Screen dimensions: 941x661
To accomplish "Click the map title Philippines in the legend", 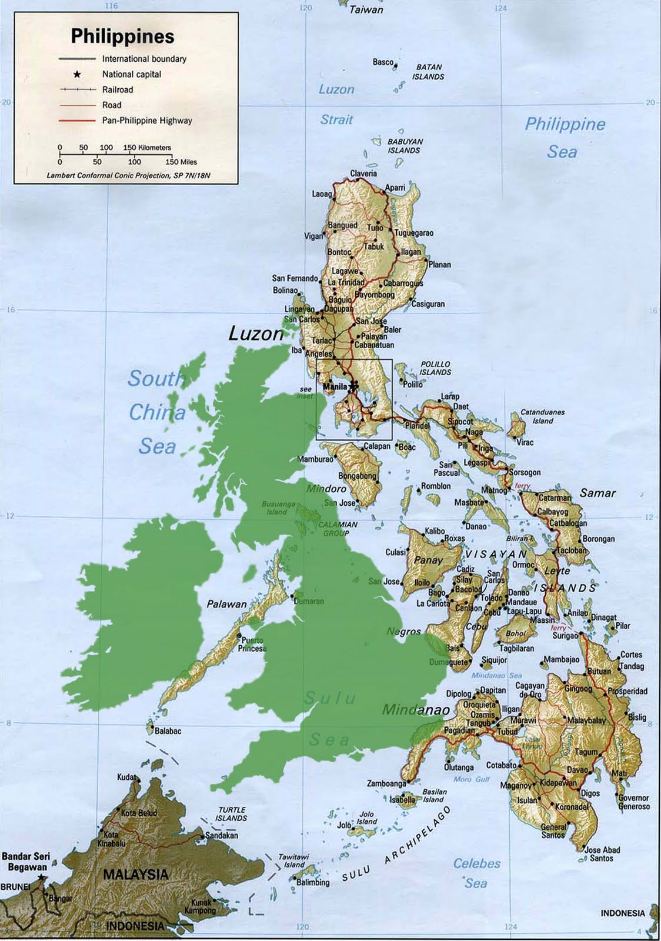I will coord(122,36).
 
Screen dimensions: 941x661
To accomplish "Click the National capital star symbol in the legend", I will coord(77,75).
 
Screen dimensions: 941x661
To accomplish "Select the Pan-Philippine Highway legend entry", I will coord(146,120).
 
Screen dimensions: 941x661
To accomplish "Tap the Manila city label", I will coord(335,387).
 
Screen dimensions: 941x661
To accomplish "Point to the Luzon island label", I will coord(255,334).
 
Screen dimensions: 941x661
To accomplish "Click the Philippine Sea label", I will coord(564,137).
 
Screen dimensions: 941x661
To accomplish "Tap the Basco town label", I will coord(383,62).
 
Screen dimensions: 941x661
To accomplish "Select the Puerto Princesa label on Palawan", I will coord(251,645).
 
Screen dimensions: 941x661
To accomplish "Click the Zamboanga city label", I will coord(386,784).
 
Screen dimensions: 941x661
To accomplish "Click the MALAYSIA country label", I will coord(135,875).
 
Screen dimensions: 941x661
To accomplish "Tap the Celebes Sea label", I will coord(476,873).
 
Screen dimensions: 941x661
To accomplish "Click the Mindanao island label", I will coord(415,709).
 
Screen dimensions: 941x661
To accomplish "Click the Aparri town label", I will coord(395,188).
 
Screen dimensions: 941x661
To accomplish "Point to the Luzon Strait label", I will coord(336,104).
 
